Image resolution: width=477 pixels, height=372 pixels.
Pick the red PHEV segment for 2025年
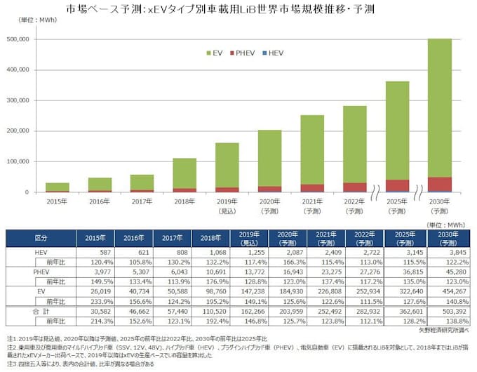pyautogui.click(x=398, y=185)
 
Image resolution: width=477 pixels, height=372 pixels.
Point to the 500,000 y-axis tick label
pyautogui.click(x=36, y=39)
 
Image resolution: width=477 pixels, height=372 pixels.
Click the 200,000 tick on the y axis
pyautogui.click(x=36, y=131)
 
